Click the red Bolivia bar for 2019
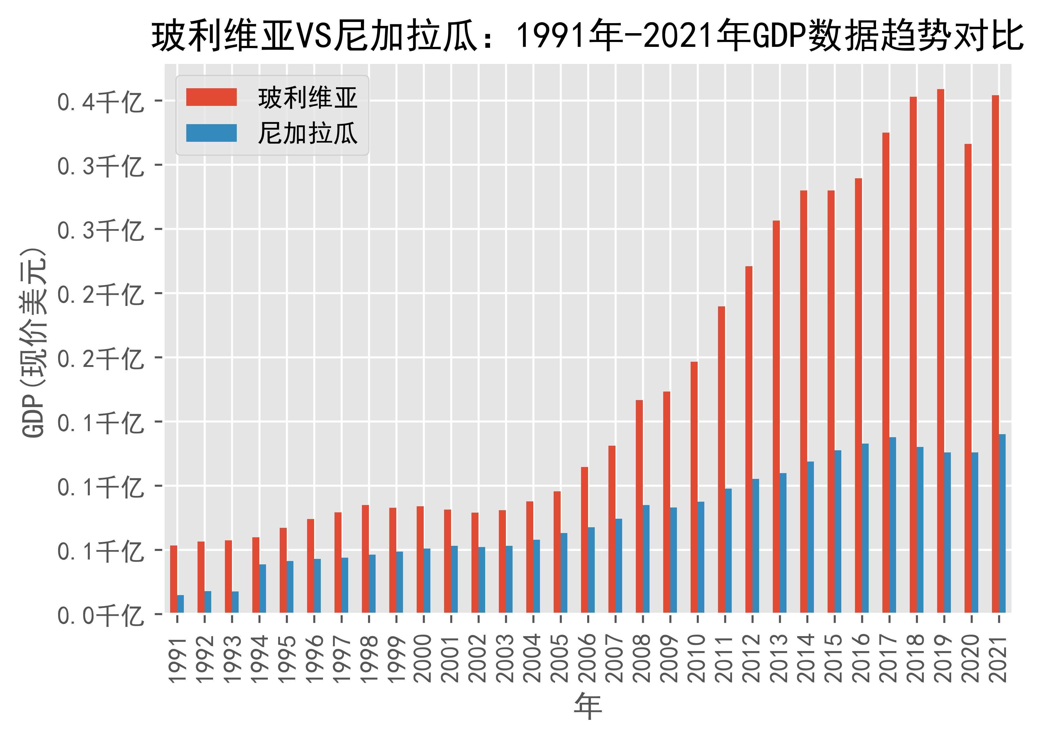tap(940, 351)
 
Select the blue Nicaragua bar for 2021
tap(1002, 523)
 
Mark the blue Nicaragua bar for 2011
tap(728, 551)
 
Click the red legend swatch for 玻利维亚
tap(211, 97)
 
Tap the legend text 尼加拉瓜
tap(308, 133)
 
